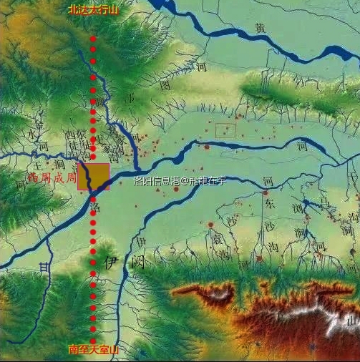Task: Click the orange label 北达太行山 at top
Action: (x=92, y=9)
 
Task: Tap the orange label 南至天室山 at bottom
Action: (x=93, y=350)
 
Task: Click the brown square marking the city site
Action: (x=93, y=177)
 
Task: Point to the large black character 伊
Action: (x=112, y=262)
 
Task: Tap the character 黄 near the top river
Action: (x=260, y=29)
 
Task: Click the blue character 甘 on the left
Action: (x=46, y=268)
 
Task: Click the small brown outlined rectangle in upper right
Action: (x=225, y=130)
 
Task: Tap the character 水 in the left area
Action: (x=29, y=134)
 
